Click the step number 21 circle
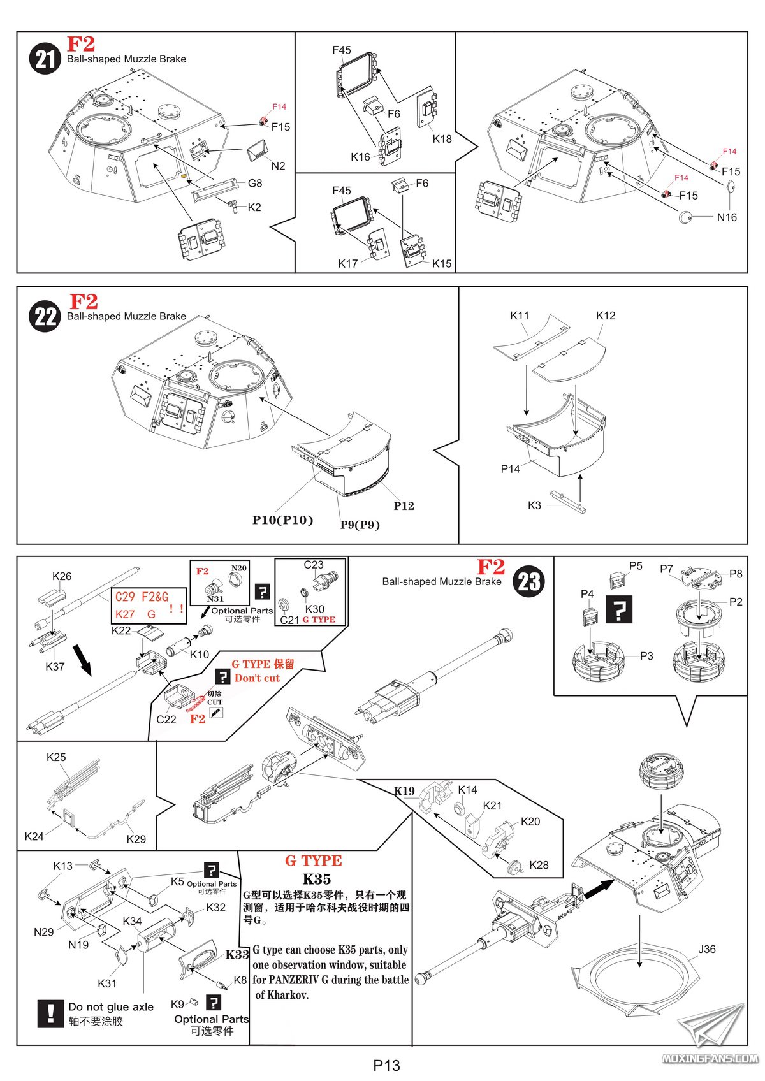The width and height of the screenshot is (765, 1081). point(45,59)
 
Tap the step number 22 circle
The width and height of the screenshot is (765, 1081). point(45,316)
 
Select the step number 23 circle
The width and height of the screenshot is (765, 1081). point(529,581)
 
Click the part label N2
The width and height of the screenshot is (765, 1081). point(278,166)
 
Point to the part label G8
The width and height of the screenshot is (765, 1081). point(254,184)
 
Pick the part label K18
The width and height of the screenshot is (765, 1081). point(442,139)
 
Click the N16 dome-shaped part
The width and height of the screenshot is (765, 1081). point(686,217)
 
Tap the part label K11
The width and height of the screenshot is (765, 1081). point(520,316)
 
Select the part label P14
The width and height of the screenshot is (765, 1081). point(510,469)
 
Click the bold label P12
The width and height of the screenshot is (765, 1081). point(404,506)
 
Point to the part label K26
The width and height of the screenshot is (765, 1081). point(62,576)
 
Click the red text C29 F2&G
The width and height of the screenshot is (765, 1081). point(142,597)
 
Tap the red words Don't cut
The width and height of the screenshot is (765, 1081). point(257,678)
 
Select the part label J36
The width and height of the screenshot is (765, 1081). point(707,949)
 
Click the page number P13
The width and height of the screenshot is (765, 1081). point(386,1065)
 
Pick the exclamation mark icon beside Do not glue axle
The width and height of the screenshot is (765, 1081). point(50,1013)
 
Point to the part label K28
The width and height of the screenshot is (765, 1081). point(539,865)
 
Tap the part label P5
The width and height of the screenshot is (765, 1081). point(636,566)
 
